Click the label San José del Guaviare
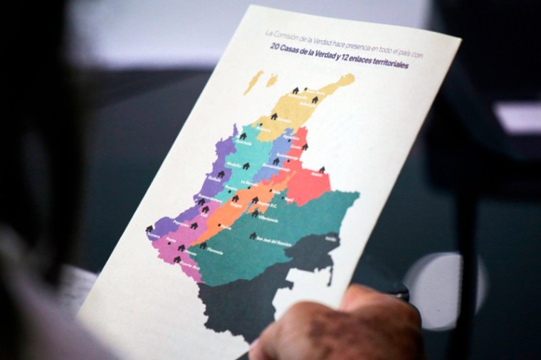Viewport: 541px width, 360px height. click(270, 240)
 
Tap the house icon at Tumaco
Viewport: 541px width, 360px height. click(149, 229)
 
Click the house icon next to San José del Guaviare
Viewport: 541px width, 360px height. click(252, 235)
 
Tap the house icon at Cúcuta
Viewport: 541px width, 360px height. click(304, 147)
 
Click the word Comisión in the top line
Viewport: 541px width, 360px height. click(292, 36)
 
